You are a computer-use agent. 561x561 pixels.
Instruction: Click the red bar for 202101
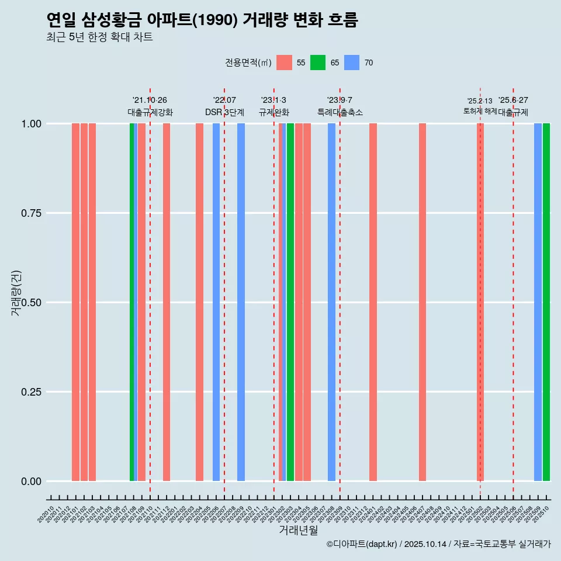pos(75,302)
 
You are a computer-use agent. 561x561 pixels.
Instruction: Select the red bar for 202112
pos(167,302)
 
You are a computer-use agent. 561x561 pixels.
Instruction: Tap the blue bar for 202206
pos(216,302)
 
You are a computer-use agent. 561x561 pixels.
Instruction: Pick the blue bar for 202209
pos(241,302)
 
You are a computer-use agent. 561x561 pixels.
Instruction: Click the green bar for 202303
pos(290,302)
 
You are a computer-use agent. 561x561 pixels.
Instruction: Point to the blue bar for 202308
pos(332,302)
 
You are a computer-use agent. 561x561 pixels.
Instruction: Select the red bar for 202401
pos(373,302)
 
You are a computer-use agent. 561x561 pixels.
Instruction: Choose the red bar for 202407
pos(423,302)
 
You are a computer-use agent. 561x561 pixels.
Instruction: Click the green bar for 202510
pos(546,302)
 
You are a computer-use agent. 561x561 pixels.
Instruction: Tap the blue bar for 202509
pos(538,302)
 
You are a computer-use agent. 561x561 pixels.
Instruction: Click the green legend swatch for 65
pos(318,63)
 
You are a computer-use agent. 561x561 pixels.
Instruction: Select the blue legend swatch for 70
pos(352,63)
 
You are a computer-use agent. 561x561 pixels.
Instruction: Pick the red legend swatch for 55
pos(284,63)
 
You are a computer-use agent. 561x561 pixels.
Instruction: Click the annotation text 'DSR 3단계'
pos(224,112)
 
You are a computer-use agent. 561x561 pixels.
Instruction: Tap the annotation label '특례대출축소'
pos(340,112)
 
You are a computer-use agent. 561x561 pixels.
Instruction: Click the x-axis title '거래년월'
pos(298,531)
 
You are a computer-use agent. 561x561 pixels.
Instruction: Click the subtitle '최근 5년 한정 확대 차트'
pos(99,37)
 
